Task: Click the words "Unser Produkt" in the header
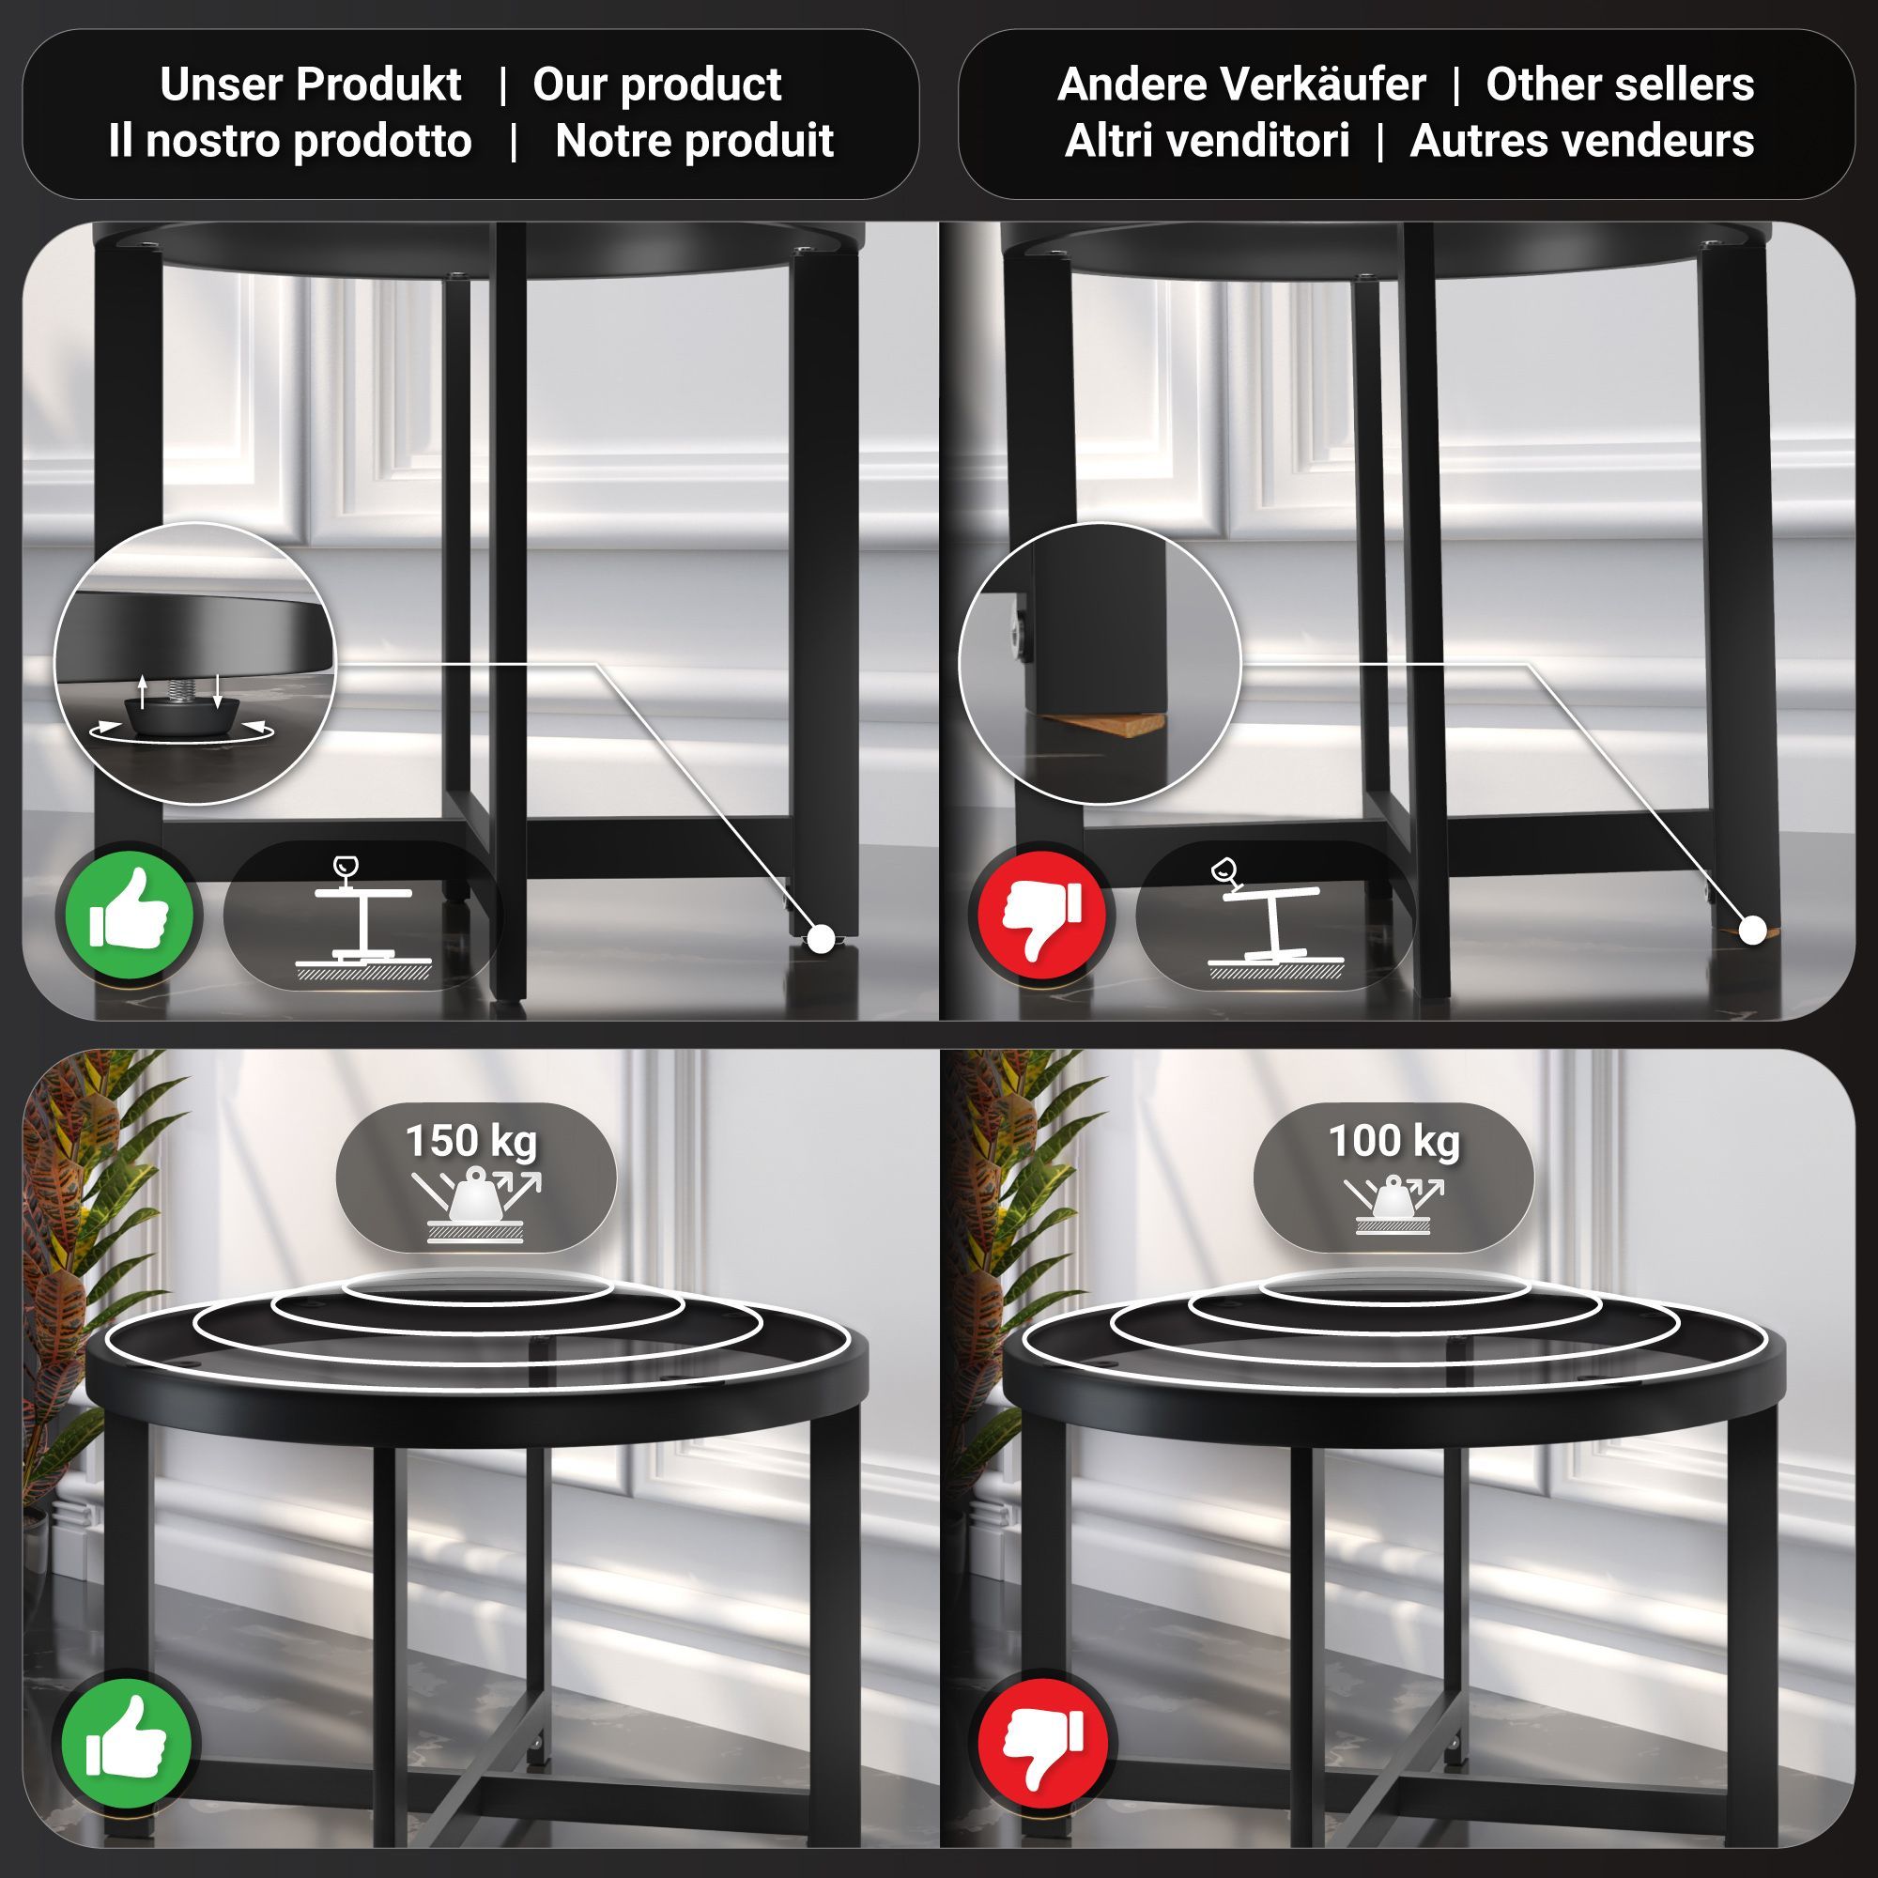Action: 310,85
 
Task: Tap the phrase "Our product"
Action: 656,85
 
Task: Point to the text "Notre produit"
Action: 694,141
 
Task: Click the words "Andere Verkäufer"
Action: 1241,85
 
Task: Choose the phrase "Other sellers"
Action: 1620,85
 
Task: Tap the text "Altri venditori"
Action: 1208,141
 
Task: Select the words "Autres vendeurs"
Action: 1581,141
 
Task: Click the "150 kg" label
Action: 470,1141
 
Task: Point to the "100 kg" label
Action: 1393,1141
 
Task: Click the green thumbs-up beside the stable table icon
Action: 129,915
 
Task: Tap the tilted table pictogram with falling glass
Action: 1274,917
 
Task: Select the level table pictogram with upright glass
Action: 362,917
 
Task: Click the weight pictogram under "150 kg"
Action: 475,1207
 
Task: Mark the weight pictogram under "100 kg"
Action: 1393,1205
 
